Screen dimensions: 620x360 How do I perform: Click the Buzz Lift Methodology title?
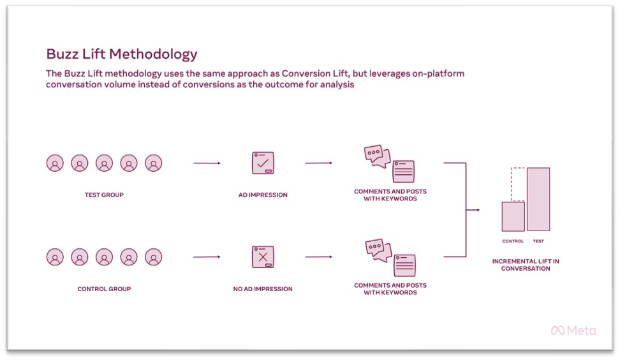(122, 54)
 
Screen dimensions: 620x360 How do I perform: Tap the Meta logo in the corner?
(573, 331)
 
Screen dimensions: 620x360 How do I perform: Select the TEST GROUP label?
(104, 195)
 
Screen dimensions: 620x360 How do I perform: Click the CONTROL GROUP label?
(104, 289)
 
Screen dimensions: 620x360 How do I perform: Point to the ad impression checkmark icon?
(263, 163)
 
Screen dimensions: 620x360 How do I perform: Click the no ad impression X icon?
(263, 257)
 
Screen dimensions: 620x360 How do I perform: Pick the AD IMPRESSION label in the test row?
(263, 195)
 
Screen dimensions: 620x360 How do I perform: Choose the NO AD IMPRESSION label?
(263, 289)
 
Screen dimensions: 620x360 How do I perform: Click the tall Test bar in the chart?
(538, 199)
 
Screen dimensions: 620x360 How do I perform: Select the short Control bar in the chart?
(513, 216)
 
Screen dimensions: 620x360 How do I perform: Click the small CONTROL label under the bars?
(513, 241)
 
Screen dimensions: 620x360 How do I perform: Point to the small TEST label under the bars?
(538, 241)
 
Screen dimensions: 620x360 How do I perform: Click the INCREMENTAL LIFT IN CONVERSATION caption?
(526, 265)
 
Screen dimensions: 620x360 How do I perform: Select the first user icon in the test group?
(55, 163)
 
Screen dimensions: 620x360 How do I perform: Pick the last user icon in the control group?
(154, 257)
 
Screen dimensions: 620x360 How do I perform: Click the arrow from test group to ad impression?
(207, 163)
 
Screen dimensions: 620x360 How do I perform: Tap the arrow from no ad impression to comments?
(319, 257)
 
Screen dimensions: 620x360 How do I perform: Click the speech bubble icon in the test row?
(377, 156)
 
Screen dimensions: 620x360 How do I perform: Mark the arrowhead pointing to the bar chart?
(478, 210)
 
